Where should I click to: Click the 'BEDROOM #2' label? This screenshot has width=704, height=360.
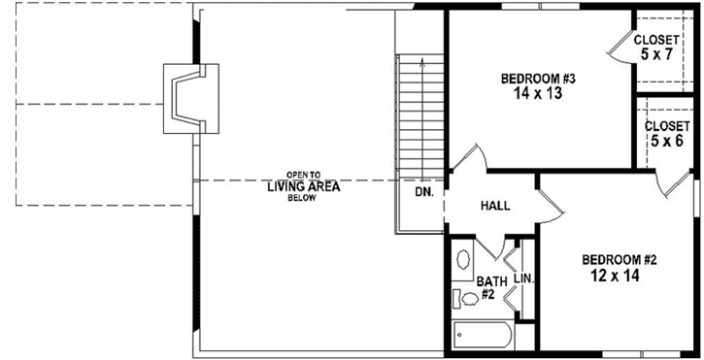tap(620, 259)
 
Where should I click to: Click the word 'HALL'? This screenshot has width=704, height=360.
tap(496, 206)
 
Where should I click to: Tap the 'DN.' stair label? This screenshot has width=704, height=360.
tap(424, 192)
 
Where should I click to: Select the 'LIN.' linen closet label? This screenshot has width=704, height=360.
tap(523, 278)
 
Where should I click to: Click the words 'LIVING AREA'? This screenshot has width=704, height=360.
tap(303, 186)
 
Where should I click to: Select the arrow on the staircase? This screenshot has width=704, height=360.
tap(422, 63)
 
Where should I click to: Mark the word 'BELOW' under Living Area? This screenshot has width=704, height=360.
tap(303, 198)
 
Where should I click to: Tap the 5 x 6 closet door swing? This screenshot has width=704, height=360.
tap(668, 184)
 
